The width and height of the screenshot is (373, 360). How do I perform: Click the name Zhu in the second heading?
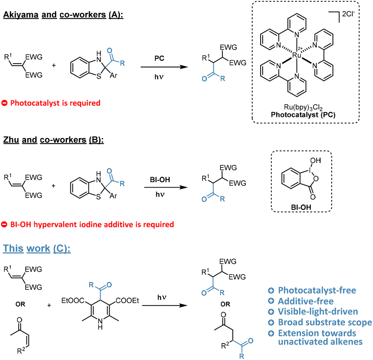pyautogui.click(x=13, y=138)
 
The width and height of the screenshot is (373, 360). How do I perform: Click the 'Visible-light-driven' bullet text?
pyautogui.click(x=313, y=311)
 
